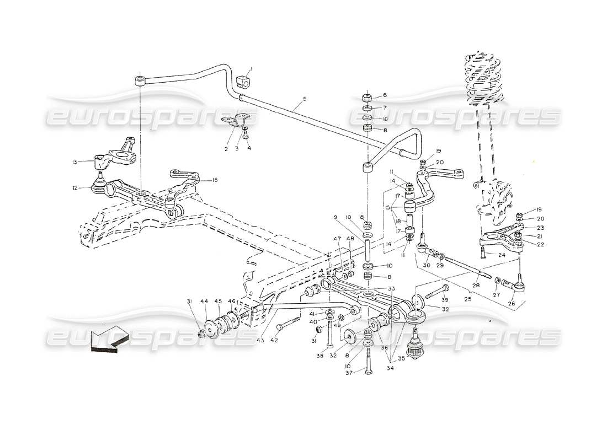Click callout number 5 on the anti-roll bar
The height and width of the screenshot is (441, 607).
pyautogui.click(x=303, y=100)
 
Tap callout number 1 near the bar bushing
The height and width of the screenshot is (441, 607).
pyautogui.click(x=250, y=70)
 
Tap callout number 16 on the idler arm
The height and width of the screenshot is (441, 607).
pyautogui.click(x=214, y=179)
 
